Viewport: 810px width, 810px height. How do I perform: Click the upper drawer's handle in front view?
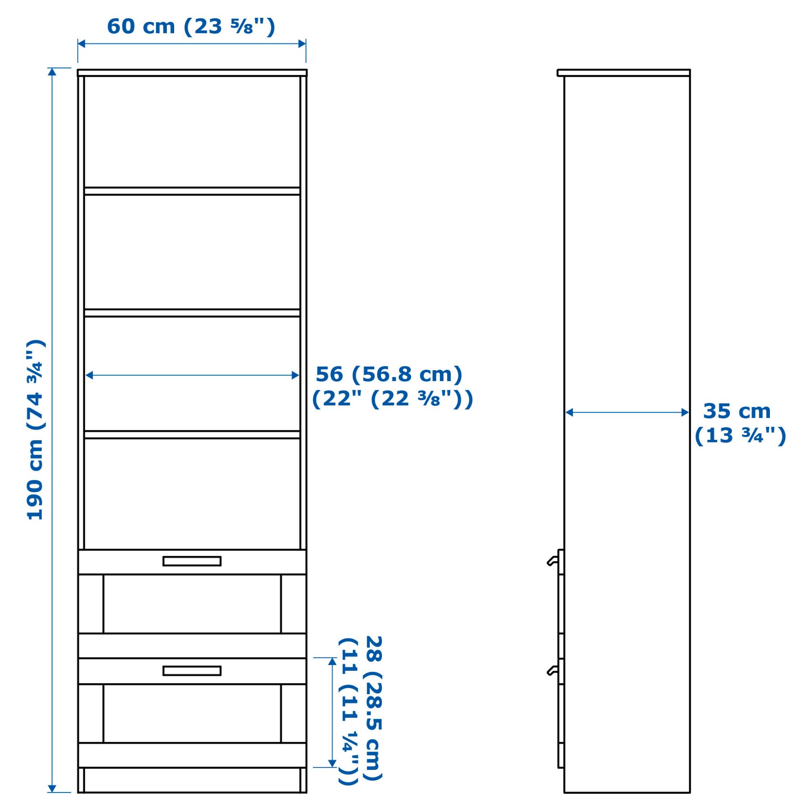[192, 561]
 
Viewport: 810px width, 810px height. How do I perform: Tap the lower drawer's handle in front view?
[192, 671]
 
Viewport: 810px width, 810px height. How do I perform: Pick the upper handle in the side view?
[552, 561]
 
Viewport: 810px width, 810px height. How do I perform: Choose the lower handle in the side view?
[552, 671]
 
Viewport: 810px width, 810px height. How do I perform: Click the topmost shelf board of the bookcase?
[192, 191]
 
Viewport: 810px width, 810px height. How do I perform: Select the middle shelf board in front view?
[192, 313]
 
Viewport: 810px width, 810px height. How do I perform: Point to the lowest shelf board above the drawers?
[192, 434]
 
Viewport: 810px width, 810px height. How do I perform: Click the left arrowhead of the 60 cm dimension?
[81, 44]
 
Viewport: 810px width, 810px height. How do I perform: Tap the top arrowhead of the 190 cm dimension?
[52, 71]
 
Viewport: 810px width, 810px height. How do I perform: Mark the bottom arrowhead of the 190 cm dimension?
[52, 789]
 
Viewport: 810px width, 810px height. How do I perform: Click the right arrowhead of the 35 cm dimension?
[685, 412]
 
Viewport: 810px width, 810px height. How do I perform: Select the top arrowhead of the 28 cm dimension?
[332, 661]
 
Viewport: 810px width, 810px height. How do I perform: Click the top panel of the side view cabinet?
[623, 73]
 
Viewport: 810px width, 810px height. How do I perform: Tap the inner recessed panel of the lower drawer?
[192, 713]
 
